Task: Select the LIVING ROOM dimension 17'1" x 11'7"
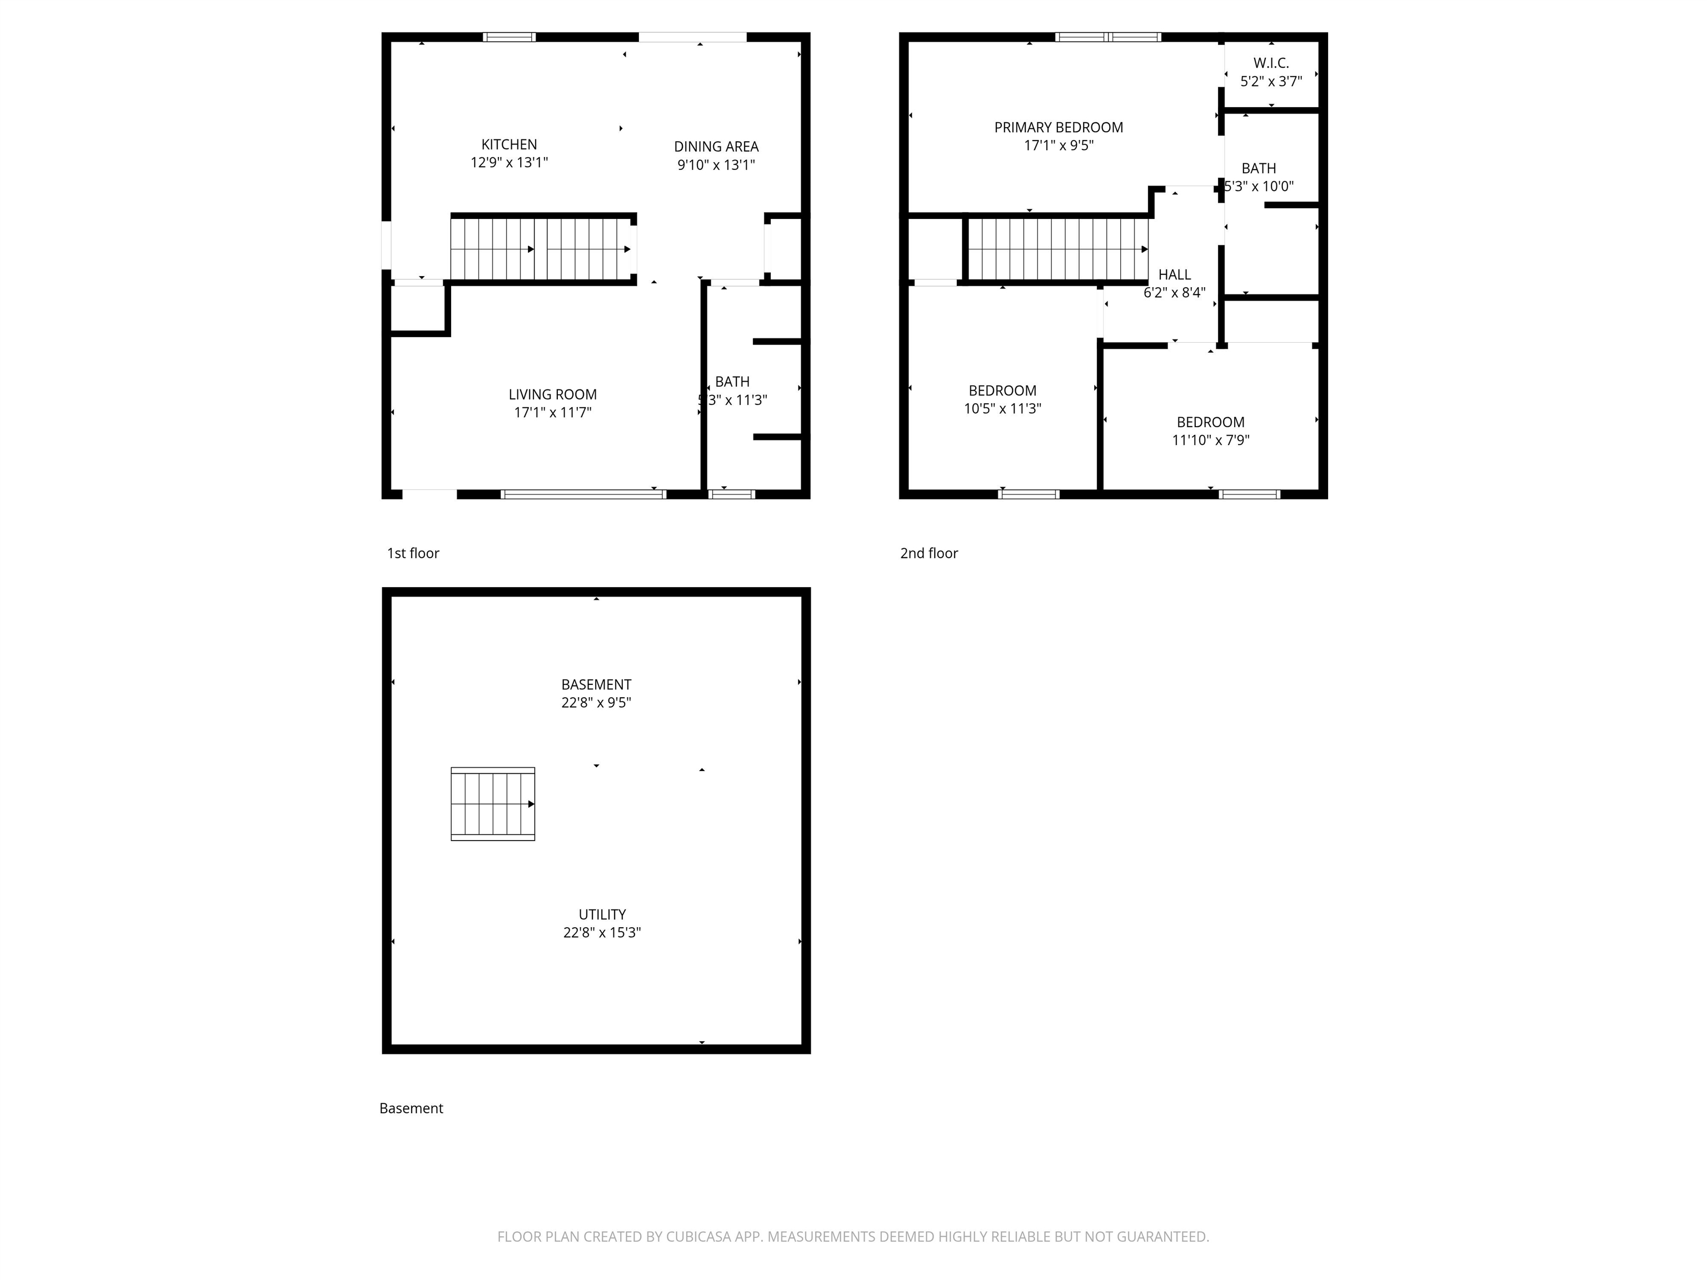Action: pyautogui.click(x=552, y=413)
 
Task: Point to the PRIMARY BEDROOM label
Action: pyautogui.click(x=1058, y=127)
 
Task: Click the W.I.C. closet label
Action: pyautogui.click(x=1270, y=63)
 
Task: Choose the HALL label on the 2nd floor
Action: pyautogui.click(x=1174, y=274)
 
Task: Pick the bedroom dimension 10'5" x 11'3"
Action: pyautogui.click(x=1002, y=409)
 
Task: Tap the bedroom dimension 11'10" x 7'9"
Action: pyautogui.click(x=1210, y=441)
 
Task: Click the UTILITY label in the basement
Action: pyautogui.click(x=601, y=914)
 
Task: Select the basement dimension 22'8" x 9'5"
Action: pyautogui.click(x=596, y=703)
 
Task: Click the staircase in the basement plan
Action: pyautogui.click(x=492, y=803)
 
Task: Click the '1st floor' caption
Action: pyautogui.click(x=413, y=553)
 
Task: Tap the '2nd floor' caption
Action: pyautogui.click(x=929, y=553)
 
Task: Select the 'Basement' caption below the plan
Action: pyautogui.click(x=411, y=1108)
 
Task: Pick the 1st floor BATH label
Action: pyautogui.click(x=732, y=382)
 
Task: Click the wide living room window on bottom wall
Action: pyautogui.click(x=583, y=494)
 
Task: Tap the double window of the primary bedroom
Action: pyautogui.click(x=1107, y=37)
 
